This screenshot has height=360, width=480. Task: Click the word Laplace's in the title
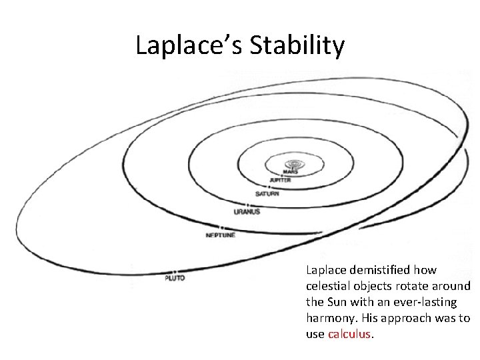coord(187,45)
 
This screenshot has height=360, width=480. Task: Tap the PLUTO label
coord(175,278)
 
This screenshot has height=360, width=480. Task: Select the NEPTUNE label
coord(220,235)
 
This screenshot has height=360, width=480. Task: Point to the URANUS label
coord(247,212)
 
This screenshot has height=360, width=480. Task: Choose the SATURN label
coord(267,194)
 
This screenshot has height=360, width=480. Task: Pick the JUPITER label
coord(280,180)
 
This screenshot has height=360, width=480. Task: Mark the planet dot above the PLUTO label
coord(174,271)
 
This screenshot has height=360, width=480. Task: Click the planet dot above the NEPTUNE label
coord(221,227)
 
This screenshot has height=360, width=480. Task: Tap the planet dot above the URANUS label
coord(247,205)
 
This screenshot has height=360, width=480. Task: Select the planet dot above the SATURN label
coord(268,188)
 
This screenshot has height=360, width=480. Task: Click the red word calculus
coord(349,334)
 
